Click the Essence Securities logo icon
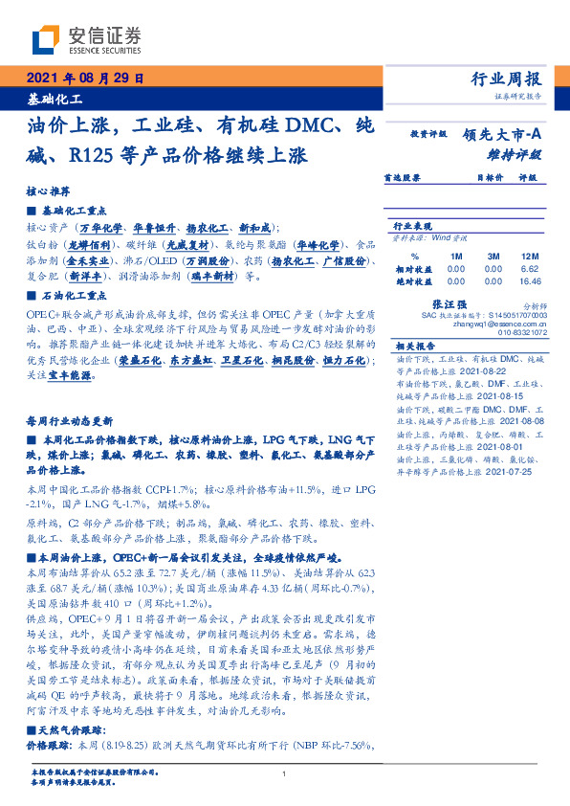point(49,40)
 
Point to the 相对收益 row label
point(414,269)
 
